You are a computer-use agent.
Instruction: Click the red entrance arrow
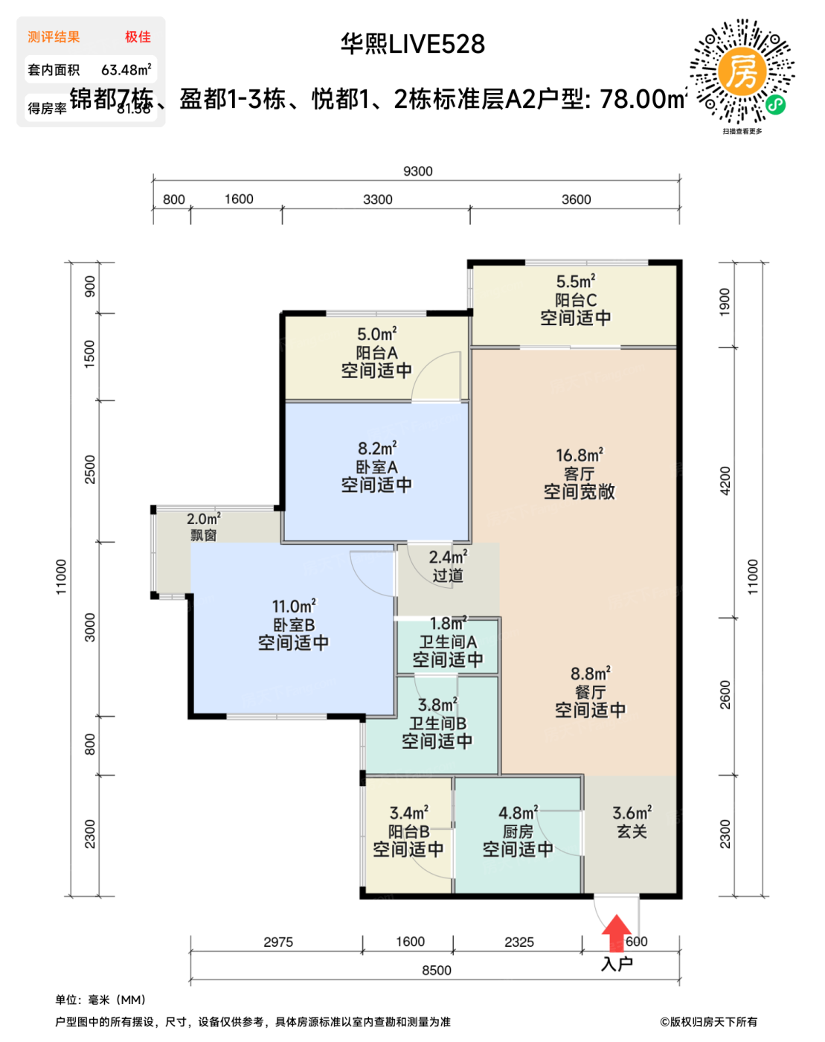616,933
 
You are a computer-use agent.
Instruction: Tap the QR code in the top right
742,71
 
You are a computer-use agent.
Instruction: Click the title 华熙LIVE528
413,44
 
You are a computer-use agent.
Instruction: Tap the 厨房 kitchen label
518,831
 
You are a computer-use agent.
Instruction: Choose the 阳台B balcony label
408,831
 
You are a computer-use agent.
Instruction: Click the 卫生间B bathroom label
437,723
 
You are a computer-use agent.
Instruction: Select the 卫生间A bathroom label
448,642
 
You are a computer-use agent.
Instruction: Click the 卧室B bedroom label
293,624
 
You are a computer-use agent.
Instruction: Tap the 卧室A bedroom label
376,467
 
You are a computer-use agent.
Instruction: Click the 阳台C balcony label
576,300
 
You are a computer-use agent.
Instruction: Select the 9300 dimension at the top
417,171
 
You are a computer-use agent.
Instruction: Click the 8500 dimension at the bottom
437,970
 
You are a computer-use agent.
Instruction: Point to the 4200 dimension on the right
725,481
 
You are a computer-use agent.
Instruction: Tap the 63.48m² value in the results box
126,70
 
